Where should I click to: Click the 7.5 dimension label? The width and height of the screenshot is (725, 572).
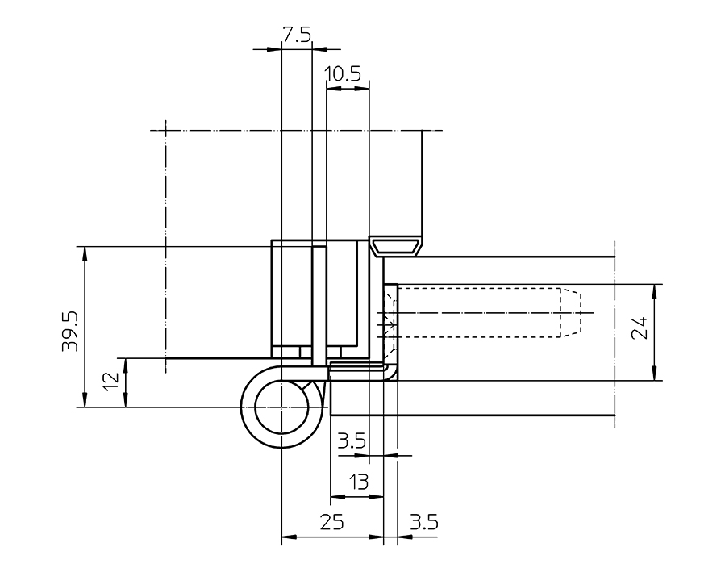click(295, 35)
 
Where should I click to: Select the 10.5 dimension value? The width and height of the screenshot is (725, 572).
click(342, 75)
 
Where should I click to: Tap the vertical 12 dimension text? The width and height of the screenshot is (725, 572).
click(113, 378)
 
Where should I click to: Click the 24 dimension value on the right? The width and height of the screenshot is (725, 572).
click(640, 331)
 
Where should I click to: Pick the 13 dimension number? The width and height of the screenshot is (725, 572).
click(357, 482)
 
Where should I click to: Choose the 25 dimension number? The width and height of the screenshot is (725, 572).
click(331, 522)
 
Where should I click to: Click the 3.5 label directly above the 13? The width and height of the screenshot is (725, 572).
click(352, 441)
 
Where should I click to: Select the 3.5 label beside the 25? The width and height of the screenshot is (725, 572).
click(423, 522)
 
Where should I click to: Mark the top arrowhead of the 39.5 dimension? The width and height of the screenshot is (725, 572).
click(84, 251)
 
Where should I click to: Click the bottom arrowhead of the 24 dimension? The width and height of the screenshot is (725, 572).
click(652, 375)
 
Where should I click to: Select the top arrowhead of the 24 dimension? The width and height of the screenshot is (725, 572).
click(652, 289)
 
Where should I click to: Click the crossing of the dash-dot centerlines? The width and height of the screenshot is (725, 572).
click(165, 130)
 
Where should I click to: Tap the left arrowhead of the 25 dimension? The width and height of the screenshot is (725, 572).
click(285, 536)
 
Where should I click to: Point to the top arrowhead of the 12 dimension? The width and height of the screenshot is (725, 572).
click(126, 362)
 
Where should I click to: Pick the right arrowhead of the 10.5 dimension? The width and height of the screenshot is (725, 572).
click(364, 89)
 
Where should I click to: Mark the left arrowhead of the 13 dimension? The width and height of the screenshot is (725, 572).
click(335, 496)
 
